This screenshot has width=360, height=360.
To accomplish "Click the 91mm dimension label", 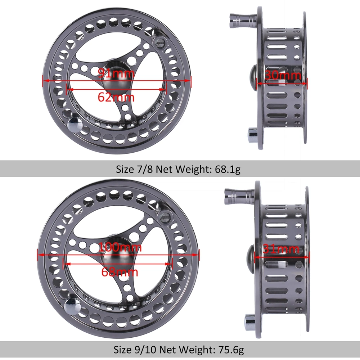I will pyautogui.click(x=116, y=74).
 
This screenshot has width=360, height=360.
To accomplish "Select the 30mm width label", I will pyautogui.click(x=283, y=76).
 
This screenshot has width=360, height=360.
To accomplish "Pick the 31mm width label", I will pyautogui.click(x=281, y=249).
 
